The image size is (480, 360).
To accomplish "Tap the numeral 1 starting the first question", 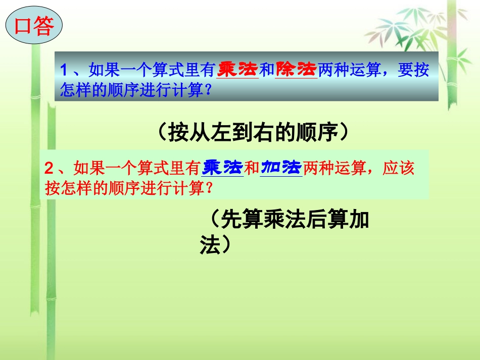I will coord(64,70).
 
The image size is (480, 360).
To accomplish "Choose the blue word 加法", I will coord(281,167).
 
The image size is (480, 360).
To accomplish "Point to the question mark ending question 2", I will coord(207,188).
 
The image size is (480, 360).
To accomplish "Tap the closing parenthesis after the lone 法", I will coord(226,245).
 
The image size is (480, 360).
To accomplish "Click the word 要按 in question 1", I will coord(414,70).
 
